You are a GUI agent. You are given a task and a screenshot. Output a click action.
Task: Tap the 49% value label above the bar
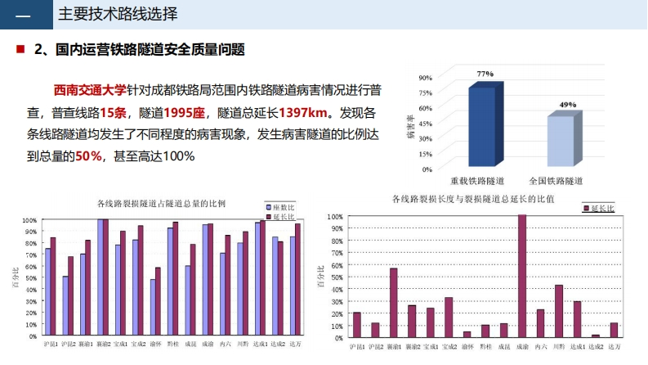click(x=568, y=105)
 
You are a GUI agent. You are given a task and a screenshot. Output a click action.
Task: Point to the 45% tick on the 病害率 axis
click(x=426, y=123)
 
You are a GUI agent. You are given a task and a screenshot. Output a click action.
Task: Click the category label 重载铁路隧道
click(x=477, y=179)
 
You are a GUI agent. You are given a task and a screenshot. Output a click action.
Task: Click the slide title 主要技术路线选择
click(x=118, y=16)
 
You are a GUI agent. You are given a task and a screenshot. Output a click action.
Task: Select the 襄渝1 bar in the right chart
click(x=393, y=303)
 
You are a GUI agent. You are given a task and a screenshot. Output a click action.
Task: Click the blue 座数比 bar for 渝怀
click(x=153, y=308)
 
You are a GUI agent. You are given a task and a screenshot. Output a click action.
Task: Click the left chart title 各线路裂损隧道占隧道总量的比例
click(x=161, y=203)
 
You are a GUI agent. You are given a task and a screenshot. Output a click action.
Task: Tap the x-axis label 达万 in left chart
click(x=295, y=345)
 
